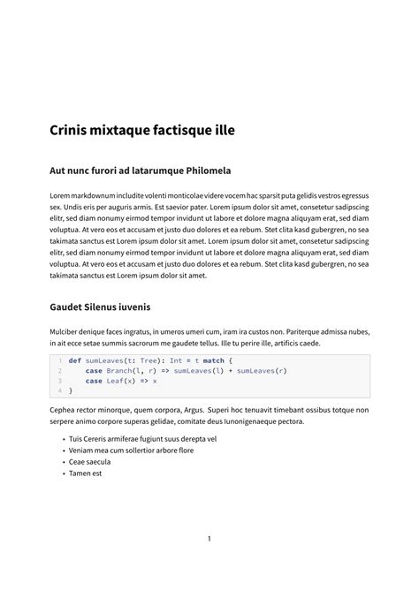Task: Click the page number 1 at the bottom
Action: click(209, 538)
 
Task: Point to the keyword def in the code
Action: click(74, 360)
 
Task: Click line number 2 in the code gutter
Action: click(59, 371)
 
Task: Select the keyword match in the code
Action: click(213, 360)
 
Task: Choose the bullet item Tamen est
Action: click(85, 473)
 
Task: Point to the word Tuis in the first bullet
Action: click(76, 438)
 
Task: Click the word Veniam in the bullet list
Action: click(82, 450)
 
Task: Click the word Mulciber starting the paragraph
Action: click(68, 331)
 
